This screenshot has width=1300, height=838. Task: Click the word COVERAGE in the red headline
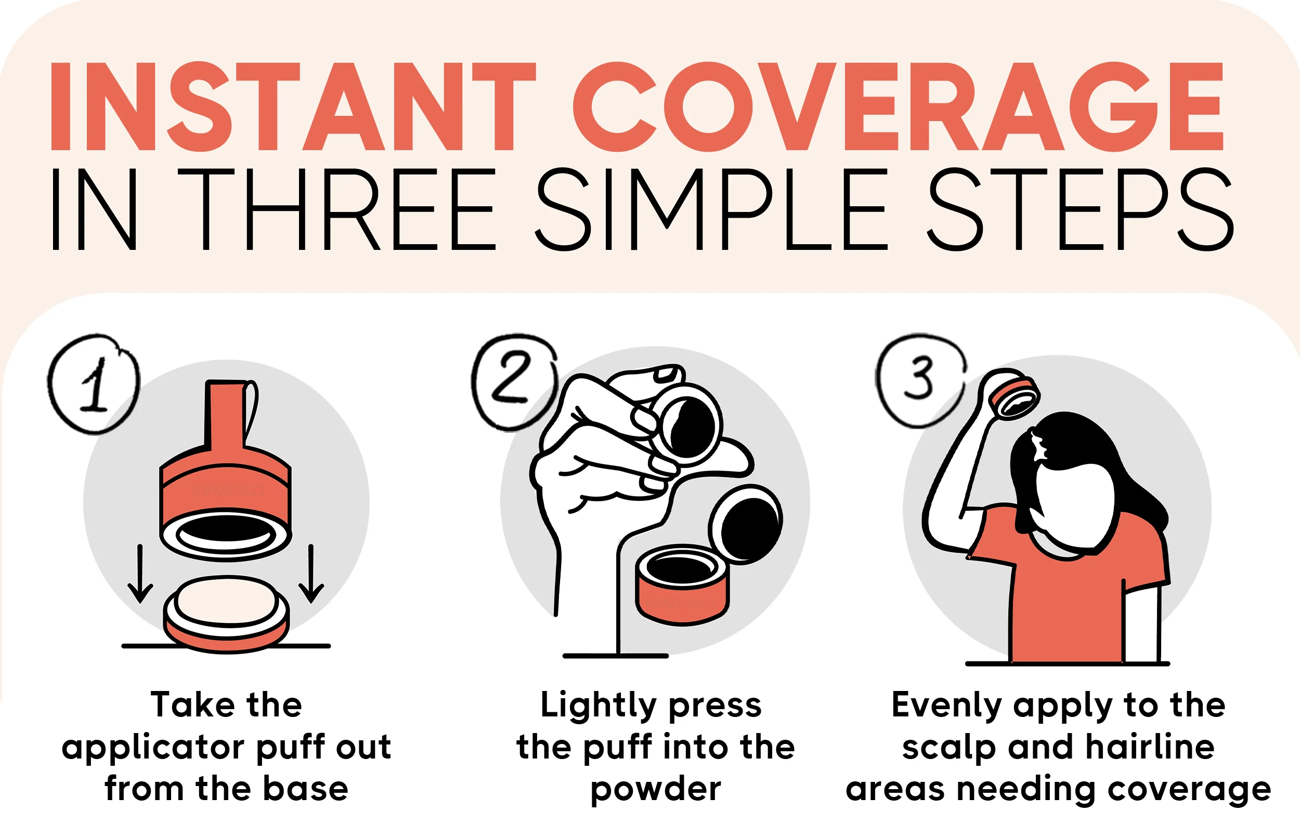[x=898, y=106]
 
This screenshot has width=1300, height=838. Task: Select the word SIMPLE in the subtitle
[x=711, y=209]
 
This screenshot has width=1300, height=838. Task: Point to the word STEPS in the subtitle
[x=1081, y=209]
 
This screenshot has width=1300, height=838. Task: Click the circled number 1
[x=94, y=384]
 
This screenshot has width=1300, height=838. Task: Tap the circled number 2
[x=514, y=382]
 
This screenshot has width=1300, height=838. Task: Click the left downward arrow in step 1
[x=140, y=574]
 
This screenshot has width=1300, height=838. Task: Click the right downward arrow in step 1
[x=311, y=574]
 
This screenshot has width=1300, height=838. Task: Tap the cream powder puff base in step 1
[x=226, y=614]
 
